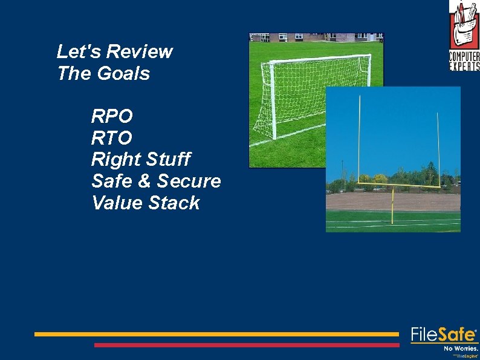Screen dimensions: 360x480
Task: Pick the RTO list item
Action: (112, 137)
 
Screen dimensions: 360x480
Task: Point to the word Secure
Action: (189, 181)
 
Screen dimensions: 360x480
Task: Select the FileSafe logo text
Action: (444, 335)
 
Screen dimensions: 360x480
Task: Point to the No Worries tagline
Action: (461, 349)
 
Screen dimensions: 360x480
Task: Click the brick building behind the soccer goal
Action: (302, 38)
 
